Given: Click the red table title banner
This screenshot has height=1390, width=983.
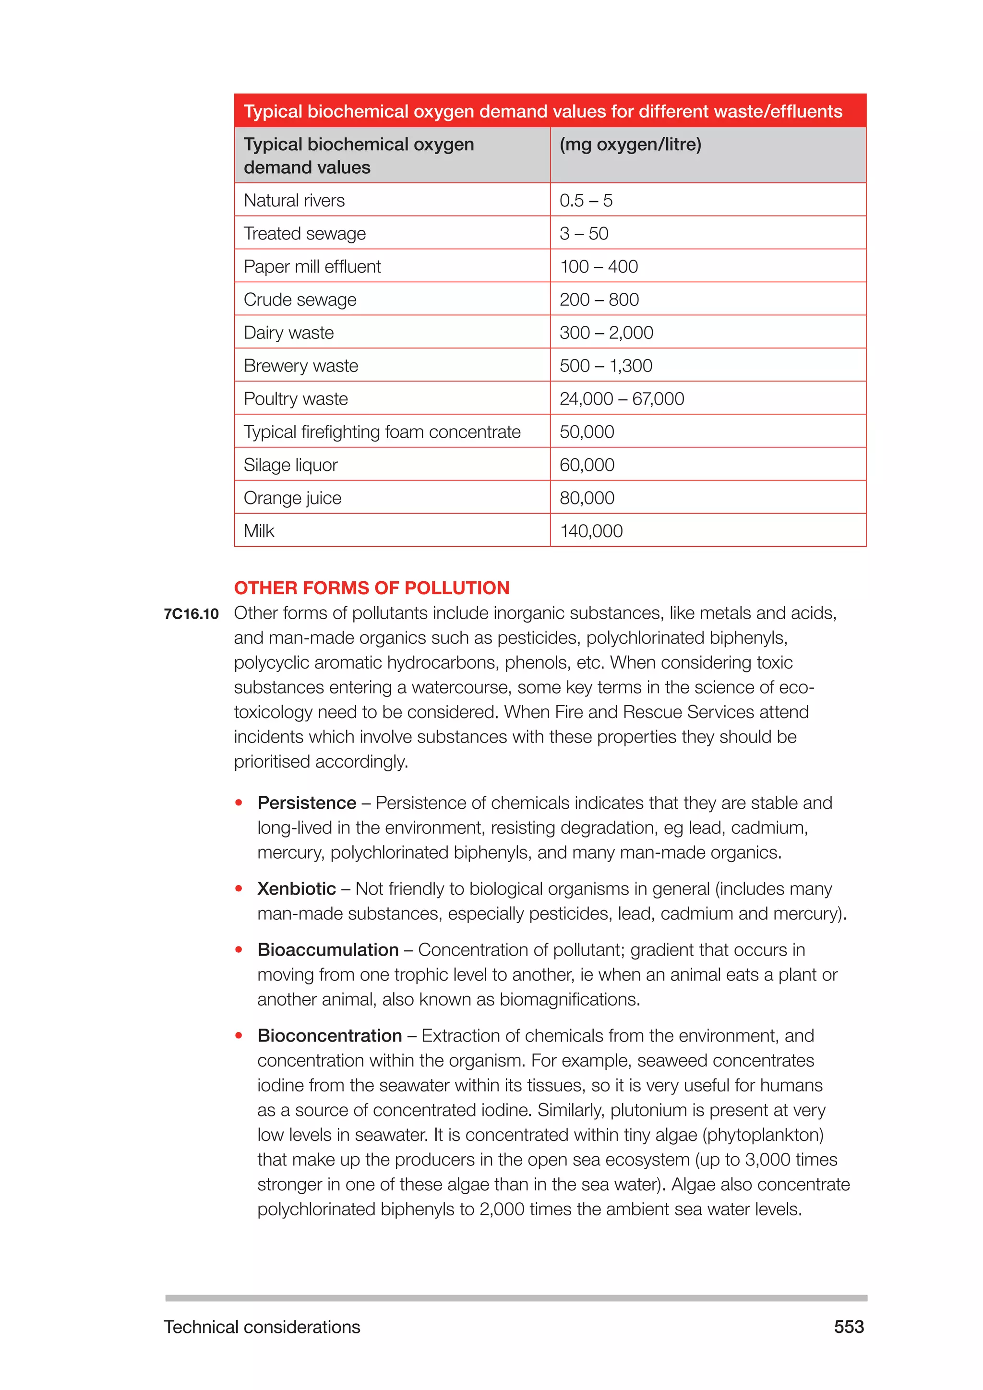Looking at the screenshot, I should coord(550,111).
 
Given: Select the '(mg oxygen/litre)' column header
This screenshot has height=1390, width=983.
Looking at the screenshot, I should coord(630,144).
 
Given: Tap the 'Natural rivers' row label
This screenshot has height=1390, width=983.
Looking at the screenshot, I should coord(294,200).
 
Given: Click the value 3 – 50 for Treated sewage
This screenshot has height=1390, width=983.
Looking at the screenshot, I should coord(584,234).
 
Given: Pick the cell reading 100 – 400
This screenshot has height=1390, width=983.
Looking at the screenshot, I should coord(599,266).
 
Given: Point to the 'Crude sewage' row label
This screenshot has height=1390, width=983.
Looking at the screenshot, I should coord(300,300).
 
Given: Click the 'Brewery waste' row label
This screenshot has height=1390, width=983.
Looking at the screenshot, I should coord(301,366).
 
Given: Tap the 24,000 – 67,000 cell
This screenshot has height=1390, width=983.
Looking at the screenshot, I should coord(622,398).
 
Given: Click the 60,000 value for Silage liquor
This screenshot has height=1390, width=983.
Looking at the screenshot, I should coord(587,465).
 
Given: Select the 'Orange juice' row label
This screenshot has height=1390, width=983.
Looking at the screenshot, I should coord(292,498).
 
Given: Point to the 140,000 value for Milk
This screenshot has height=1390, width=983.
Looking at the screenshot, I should coord(591,531).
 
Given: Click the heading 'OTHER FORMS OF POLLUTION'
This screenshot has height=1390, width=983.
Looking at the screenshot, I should coord(372,588).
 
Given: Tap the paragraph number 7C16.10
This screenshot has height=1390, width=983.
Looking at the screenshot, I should coord(192,614).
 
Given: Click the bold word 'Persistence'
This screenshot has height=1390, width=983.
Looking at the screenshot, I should coord(306,803).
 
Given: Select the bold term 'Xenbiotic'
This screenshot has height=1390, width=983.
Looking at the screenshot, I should coord(296,889).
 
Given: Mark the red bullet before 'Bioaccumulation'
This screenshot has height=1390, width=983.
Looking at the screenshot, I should coord(239,950).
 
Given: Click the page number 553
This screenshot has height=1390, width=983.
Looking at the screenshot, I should coord(849,1327).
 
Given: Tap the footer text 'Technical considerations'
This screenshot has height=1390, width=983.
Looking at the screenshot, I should coord(262,1327).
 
